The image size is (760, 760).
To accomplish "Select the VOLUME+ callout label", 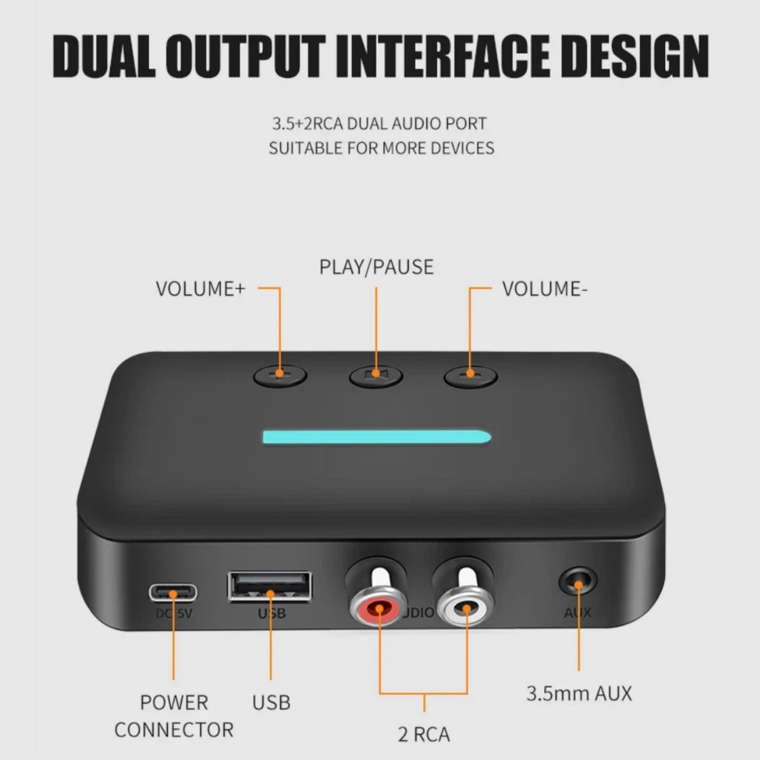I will click(x=201, y=289).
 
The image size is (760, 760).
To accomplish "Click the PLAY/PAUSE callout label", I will click(x=376, y=267).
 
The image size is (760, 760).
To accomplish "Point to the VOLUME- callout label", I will click(x=545, y=289).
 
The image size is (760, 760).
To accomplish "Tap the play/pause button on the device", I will click(x=375, y=375).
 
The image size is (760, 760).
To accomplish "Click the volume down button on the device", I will click(x=470, y=374).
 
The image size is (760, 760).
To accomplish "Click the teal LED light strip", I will click(x=376, y=437).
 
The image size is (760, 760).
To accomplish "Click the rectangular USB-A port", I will click(x=269, y=587).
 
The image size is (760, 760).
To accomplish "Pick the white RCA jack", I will click(x=464, y=608).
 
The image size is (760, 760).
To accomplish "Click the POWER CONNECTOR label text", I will click(x=174, y=716).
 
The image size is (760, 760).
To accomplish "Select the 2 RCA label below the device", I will click(x=424, y=734).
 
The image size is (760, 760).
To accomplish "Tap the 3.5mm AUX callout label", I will click(x=579, y=693).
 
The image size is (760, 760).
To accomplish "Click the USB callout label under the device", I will click(x=271, y=702).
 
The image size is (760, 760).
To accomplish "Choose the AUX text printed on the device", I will click(x=577, y=613).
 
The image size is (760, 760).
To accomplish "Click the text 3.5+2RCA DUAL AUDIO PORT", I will click(x=380, y=122).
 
